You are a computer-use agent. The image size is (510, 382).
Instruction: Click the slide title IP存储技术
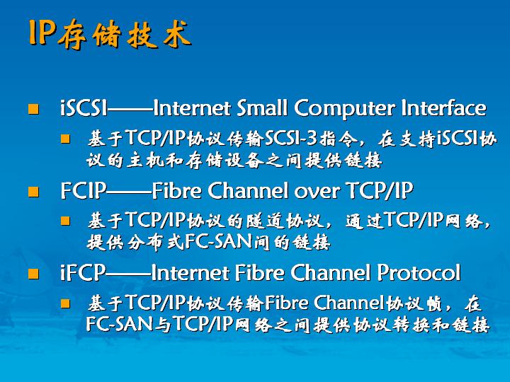click(x=110, y=34)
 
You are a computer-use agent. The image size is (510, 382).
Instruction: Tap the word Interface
click(x=443, y=108)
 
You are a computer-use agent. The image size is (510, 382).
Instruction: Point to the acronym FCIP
click(x=84, y=190)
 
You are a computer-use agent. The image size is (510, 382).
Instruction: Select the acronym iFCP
click(x=83, y=272)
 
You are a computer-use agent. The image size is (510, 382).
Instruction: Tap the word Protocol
click(x=419, y=272)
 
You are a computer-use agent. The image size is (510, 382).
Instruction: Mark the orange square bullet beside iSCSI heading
click(x=33, y=109)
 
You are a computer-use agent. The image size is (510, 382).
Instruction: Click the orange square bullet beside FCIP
click(x=33, y=192)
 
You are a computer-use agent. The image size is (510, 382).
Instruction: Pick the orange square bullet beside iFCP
click(x=33, y=274)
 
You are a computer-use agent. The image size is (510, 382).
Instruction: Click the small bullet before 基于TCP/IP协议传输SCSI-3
click(x=65, y=139)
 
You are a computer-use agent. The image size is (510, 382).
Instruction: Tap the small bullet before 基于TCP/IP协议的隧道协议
click(x=65, y=221)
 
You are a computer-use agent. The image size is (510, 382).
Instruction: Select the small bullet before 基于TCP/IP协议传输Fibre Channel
click(x=65, y=303)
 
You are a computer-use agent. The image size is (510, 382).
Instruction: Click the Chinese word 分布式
click(x=155, y=243)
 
